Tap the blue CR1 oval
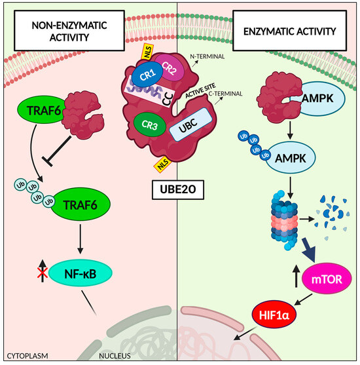pyautogui.click(x=143, y=74)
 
